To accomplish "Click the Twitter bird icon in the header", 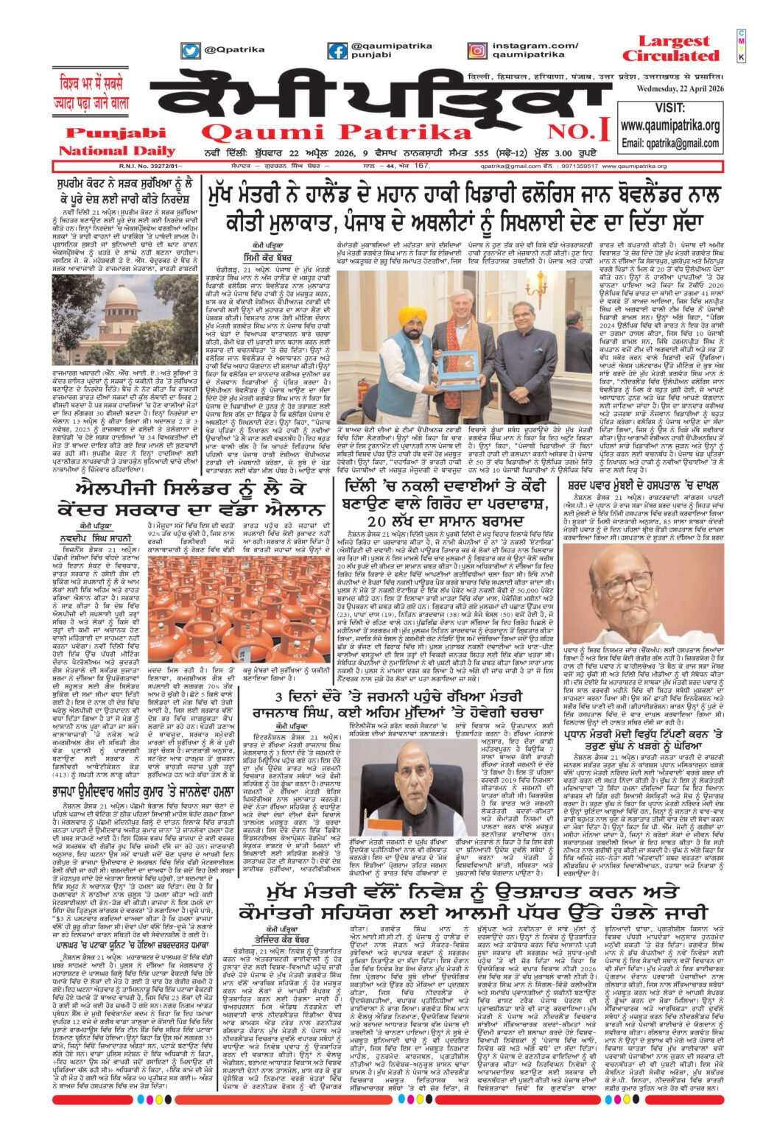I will coord(191,51).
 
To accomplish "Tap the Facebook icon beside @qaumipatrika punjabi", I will coord(337,51).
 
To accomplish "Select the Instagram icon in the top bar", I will coord(477,51).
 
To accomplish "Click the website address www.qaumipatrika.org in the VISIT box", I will coord(669,126).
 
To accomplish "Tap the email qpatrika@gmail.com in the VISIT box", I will coord(669,143).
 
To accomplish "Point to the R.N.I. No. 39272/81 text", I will coord(82,166).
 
